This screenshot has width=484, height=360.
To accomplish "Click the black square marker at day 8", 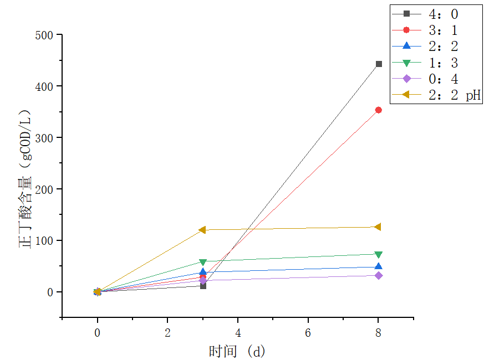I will [379, 64].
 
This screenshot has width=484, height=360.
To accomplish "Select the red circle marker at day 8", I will [379, 110].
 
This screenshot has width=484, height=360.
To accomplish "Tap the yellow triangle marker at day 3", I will [202, 230].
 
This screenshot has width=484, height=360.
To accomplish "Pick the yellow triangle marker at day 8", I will [378, 227].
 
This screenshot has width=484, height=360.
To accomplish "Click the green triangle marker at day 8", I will [379, 255].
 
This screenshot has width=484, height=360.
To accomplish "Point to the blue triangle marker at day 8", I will [379, 266].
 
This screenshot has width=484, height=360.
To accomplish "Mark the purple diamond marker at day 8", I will [379, 275].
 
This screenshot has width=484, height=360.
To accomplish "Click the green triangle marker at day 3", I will [203, 262].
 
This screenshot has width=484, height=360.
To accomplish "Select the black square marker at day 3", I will [203, 286].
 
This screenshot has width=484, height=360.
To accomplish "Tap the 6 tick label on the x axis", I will [308, 333].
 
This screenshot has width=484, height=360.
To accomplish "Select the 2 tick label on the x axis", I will [167, 333].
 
